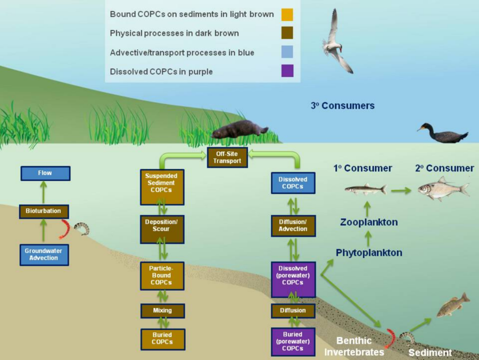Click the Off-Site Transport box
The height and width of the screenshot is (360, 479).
coord(227,158)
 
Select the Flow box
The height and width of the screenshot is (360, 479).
coord(45,173)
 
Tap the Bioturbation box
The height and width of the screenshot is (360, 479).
coord(44,211)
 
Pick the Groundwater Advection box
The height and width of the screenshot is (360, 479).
coord(44,255)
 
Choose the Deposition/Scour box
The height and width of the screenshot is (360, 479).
coord(162,226)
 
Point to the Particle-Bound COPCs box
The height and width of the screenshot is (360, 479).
coord(162,275)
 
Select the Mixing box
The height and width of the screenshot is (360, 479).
coord(162,310)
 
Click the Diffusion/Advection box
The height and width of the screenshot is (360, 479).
coord(293,226)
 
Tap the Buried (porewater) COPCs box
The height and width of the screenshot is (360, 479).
coord(293,341)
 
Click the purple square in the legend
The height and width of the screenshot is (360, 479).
coord(287,71)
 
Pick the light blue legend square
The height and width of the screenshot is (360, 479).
coord(287,52)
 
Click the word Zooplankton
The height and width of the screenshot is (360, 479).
coord(368,222)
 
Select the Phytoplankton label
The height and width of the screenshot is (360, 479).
coord(368,252)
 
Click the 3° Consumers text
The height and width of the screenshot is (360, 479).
coord(342,105)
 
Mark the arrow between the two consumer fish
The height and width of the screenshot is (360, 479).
coord(401,190)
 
